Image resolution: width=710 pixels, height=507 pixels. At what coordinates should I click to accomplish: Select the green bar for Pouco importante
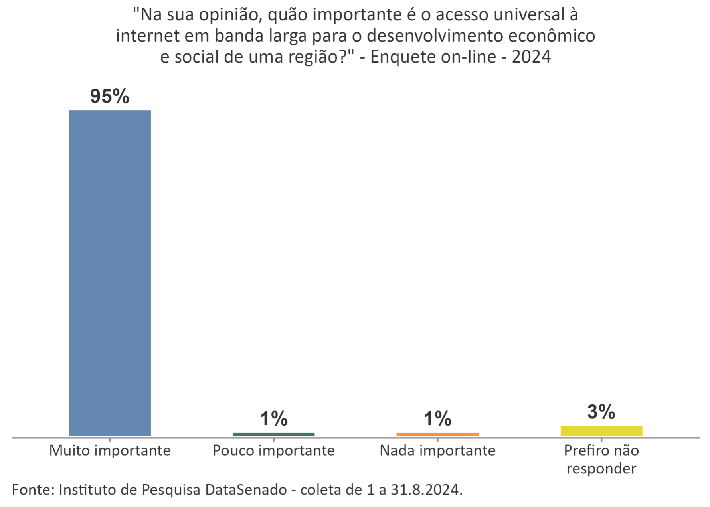[x=274, y=434]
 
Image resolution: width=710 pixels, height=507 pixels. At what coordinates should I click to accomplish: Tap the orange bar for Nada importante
[x=437, y=434]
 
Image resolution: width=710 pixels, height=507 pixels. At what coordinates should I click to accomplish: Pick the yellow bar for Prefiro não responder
[x=601, y=431]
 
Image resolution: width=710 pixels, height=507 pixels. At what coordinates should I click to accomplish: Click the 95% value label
[x=110, y=97]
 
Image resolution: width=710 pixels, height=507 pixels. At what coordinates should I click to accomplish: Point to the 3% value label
[x=601, y=412]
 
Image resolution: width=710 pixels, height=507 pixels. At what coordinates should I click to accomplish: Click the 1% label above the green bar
[x=274, y=419]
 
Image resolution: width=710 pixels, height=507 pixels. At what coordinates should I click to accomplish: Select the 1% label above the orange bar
[x=437, y=419]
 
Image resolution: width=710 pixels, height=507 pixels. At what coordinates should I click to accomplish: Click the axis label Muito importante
[x=110, y=451]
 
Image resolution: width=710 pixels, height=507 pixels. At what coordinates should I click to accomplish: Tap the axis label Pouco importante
[x=274, y=451]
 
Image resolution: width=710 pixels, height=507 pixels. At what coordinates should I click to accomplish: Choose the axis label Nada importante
[x=437, y=451]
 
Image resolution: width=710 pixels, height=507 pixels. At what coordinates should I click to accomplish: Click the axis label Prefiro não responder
[x=601, y=459]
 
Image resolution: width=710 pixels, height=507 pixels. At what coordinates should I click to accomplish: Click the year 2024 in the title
[x=531, y=57]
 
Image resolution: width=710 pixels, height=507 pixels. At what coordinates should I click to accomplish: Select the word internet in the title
[x=143, y=36]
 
